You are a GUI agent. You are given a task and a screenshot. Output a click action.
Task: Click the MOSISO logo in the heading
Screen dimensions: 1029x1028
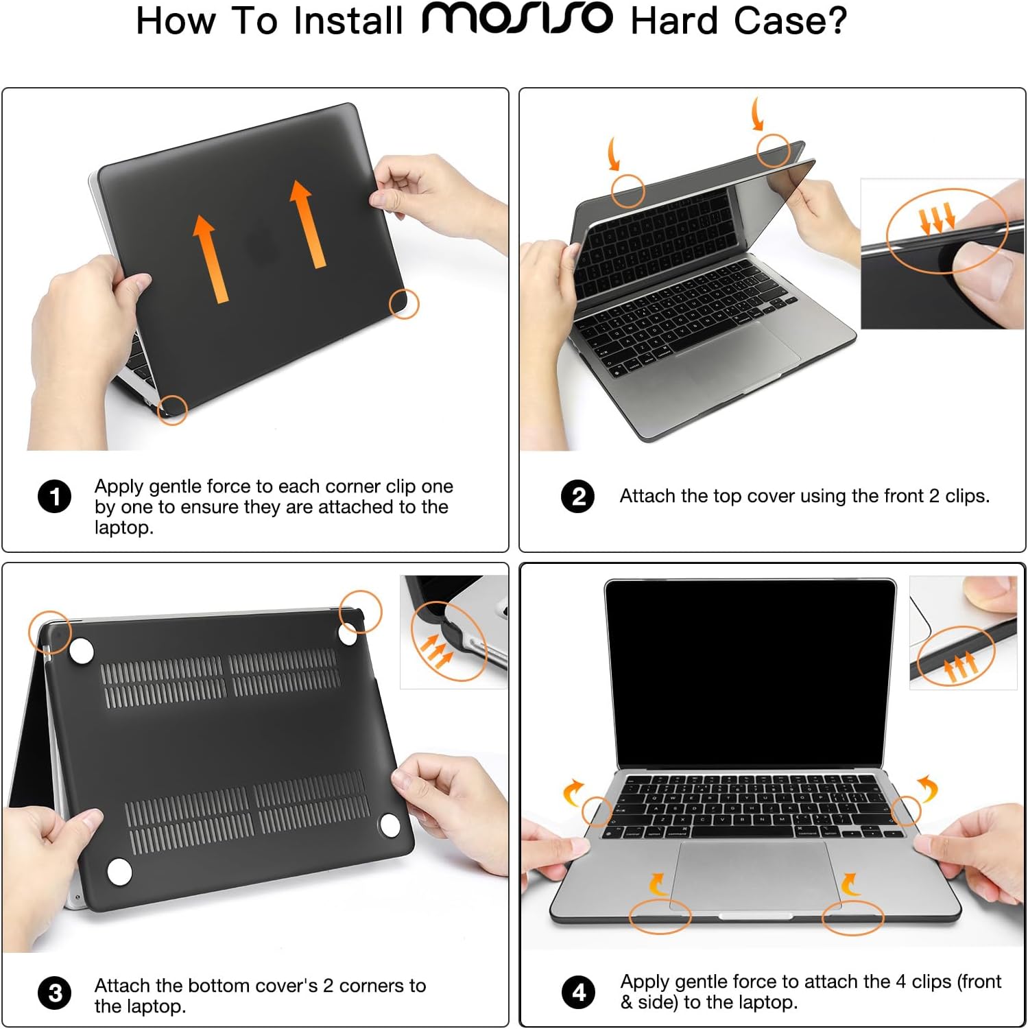click(516, 19)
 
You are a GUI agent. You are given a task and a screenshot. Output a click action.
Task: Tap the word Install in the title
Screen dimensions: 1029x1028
click(348, 21)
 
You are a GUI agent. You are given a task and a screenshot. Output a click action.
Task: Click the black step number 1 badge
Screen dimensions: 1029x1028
click(54, 497)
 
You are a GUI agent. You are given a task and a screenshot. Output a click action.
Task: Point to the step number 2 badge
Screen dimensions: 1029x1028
click(578, 496)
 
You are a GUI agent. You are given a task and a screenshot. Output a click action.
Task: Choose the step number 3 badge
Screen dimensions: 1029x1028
click(55, 993)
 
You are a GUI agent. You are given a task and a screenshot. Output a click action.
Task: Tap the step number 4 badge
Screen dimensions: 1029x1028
click(578, 992)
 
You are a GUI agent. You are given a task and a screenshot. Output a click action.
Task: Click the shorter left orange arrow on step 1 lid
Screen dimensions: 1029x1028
click(209, 258)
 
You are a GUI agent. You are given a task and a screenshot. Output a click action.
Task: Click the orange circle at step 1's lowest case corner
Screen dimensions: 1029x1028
click(172, 410)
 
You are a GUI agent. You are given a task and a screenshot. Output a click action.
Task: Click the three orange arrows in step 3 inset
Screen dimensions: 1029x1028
click(436, 652)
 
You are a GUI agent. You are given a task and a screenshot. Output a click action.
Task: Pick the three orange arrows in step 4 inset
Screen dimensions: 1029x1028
click(959, 665)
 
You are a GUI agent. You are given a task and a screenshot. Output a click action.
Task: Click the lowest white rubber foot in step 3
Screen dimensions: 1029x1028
click(119, 872)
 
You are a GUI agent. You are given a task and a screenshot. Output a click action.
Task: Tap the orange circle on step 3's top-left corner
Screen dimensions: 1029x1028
click(49, 631)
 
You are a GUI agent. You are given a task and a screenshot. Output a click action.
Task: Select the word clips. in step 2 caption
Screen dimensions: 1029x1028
click(967, 496)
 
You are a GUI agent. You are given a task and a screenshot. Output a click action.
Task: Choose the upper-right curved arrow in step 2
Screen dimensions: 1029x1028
click(757, 113)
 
